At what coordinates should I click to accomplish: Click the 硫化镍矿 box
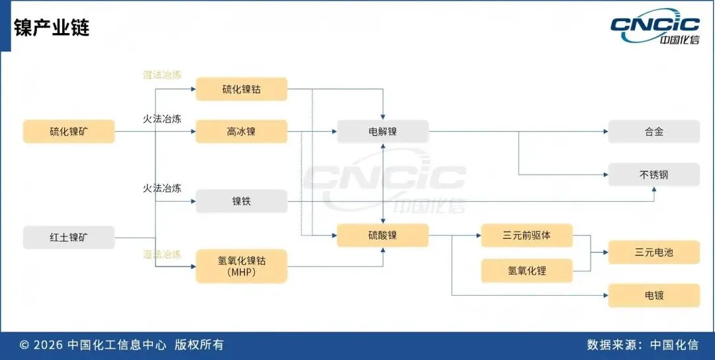click(x=69, y=131)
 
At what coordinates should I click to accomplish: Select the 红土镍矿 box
click(x=69, y=237)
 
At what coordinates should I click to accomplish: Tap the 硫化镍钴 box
click(x=241, y=89)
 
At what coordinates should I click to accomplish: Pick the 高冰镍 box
click(x=241, y=131)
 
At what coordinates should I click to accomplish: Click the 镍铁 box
click(x=241, y=201)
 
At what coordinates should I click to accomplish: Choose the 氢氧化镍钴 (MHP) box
click(x=241, y=265)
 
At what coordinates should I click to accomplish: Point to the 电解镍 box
click(x=383, y=131)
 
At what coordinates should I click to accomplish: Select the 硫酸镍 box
click(x=383, y=235)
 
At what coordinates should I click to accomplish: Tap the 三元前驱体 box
click(x=527, y=235)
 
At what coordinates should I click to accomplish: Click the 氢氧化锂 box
click(x=527, y=270)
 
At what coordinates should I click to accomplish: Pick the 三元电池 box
click(x=653, y=252)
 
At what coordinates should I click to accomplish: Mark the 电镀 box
click(x=653, y=295)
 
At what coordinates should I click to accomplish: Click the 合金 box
click(x=653, y=131)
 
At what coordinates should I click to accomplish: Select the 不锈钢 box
click(x=653, y=175)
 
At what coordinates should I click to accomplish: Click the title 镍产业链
click(x=51, y=28)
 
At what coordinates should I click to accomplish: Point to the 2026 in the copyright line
click(x=48, y=345)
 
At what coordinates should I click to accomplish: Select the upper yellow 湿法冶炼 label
click(x=162, y=75)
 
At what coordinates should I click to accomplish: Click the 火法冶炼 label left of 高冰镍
click(x=162, y=118)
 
